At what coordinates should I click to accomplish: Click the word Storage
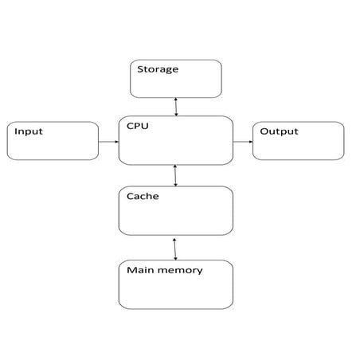(x=158, y=69)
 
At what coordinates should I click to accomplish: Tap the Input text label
(x=29, y=131)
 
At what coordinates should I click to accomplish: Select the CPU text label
(x=137, y=125)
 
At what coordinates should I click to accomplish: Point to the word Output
(x=279, y=131)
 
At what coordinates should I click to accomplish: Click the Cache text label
(x=143, y=196)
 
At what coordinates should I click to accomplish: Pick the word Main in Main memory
(x=140, y=270)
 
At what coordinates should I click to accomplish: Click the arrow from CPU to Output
(x=243, y=142)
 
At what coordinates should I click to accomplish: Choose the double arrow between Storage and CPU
(x=176, y=107)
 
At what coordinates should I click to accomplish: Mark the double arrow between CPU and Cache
(x=175, y=175)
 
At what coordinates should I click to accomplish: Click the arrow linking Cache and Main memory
(x=174, y=248)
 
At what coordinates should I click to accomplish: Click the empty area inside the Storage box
(x=176, y=86)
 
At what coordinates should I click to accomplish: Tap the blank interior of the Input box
(x=53, y=147)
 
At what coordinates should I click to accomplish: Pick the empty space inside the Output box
(x=299, y=147)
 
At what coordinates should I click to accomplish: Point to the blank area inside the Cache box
(x=176, y=217)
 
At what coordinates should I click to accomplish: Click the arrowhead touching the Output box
(x=250, y=142)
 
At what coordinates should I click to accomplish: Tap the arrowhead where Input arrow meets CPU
(x=116, y=142)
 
